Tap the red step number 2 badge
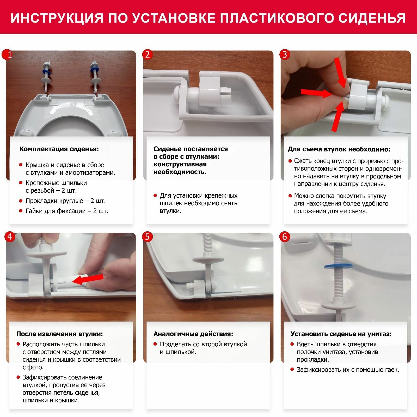pos(148,55)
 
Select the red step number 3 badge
pos(285,55)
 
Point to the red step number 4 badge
pos(10,237)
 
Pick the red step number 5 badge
pos(148,237)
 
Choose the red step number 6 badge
pos(285,237)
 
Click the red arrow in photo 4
pos(88,279)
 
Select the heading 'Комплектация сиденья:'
pos(59,149)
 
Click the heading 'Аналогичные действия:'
pos(193,334)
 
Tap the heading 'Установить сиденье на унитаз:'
pos(341,334)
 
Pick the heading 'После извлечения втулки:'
pos(60,334)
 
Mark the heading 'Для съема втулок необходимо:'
pos(339,149)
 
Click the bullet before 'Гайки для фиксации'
pos(21,211)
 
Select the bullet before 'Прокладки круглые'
pos(21,201)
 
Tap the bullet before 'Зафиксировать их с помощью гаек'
pos(292,370)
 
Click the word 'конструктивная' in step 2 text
pos(180,164)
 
